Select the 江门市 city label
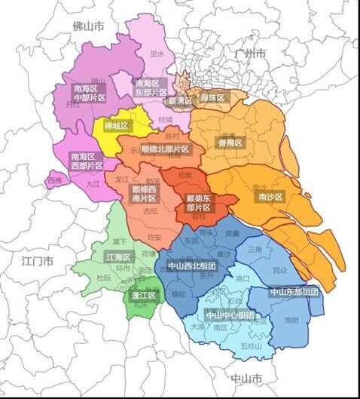(38, 262)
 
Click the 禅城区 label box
(116, 125)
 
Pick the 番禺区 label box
(229, 143)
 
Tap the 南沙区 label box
(269, 197)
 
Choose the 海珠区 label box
(212, 97)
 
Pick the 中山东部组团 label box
(293, 291)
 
